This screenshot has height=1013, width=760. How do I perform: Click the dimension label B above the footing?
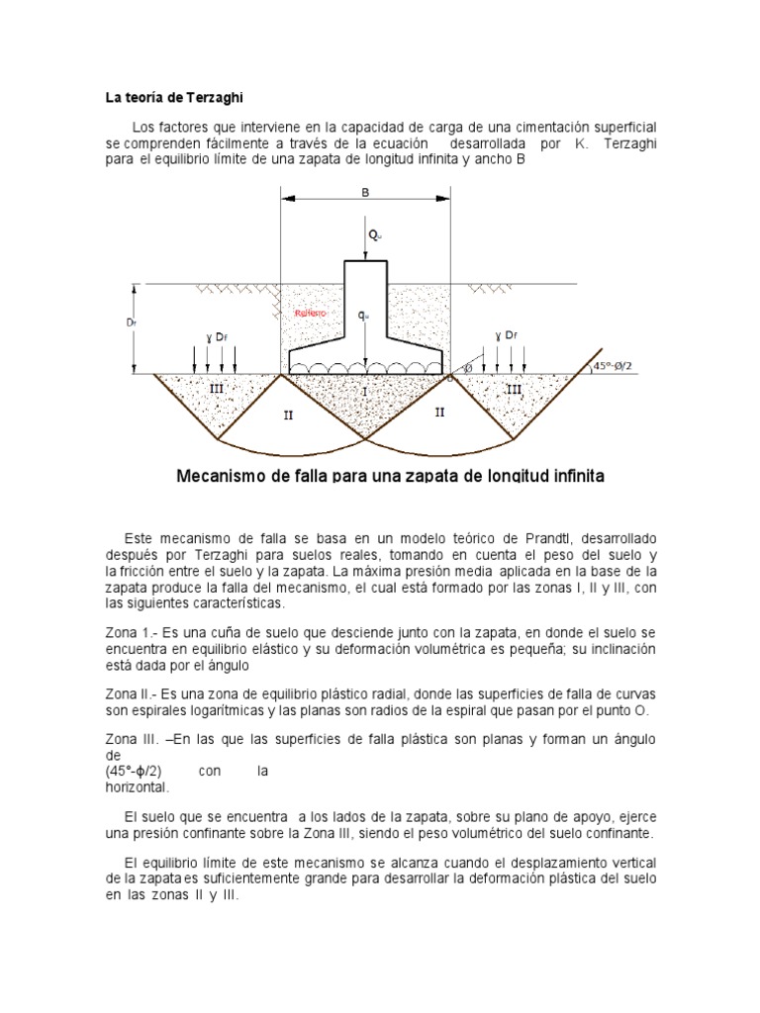click(x=365, y=194)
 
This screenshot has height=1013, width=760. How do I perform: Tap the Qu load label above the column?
click(x=373, y=234)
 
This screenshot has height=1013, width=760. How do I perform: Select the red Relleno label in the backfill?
click(x=312, y=313)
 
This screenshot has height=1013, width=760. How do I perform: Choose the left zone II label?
click(x=288, y=415)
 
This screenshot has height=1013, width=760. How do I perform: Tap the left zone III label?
click(x=217, y=390)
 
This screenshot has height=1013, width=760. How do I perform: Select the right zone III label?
click(x=513, y=390)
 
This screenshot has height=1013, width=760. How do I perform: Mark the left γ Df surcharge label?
click(x=218, y=337)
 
